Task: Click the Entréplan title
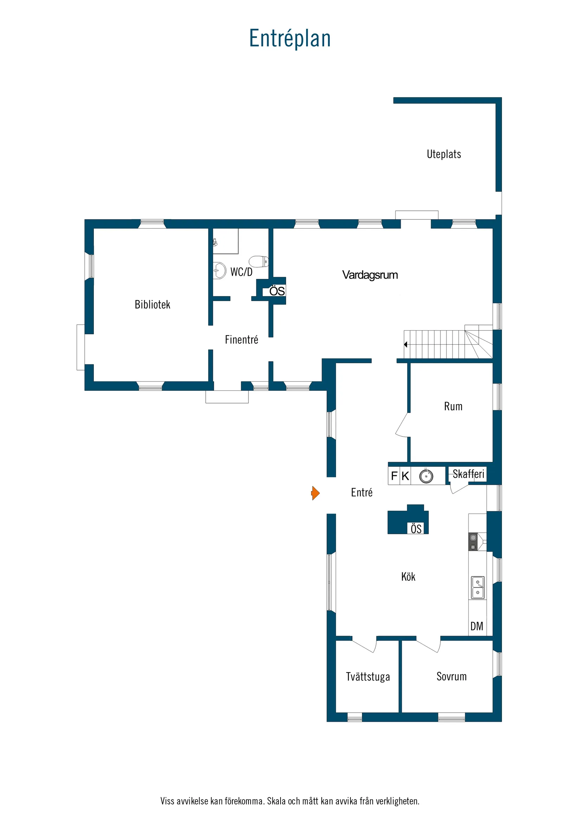[289, 38]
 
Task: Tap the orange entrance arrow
[315, 493]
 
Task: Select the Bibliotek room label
[152, 305]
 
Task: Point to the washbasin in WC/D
[219, 271]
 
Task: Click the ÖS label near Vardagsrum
[277, 291]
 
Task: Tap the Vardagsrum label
[370, 275]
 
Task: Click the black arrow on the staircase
[406, 344]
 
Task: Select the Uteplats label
[444, 154]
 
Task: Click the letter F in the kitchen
[394, 476]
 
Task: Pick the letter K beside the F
[405, 476]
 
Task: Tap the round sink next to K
[426, 476]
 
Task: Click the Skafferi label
[468, 474]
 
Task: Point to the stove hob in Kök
[473, 542]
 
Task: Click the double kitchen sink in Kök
[477, 587]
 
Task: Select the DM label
[477, 626]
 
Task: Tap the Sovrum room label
[451, 676]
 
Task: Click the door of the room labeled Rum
[402, 426]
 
